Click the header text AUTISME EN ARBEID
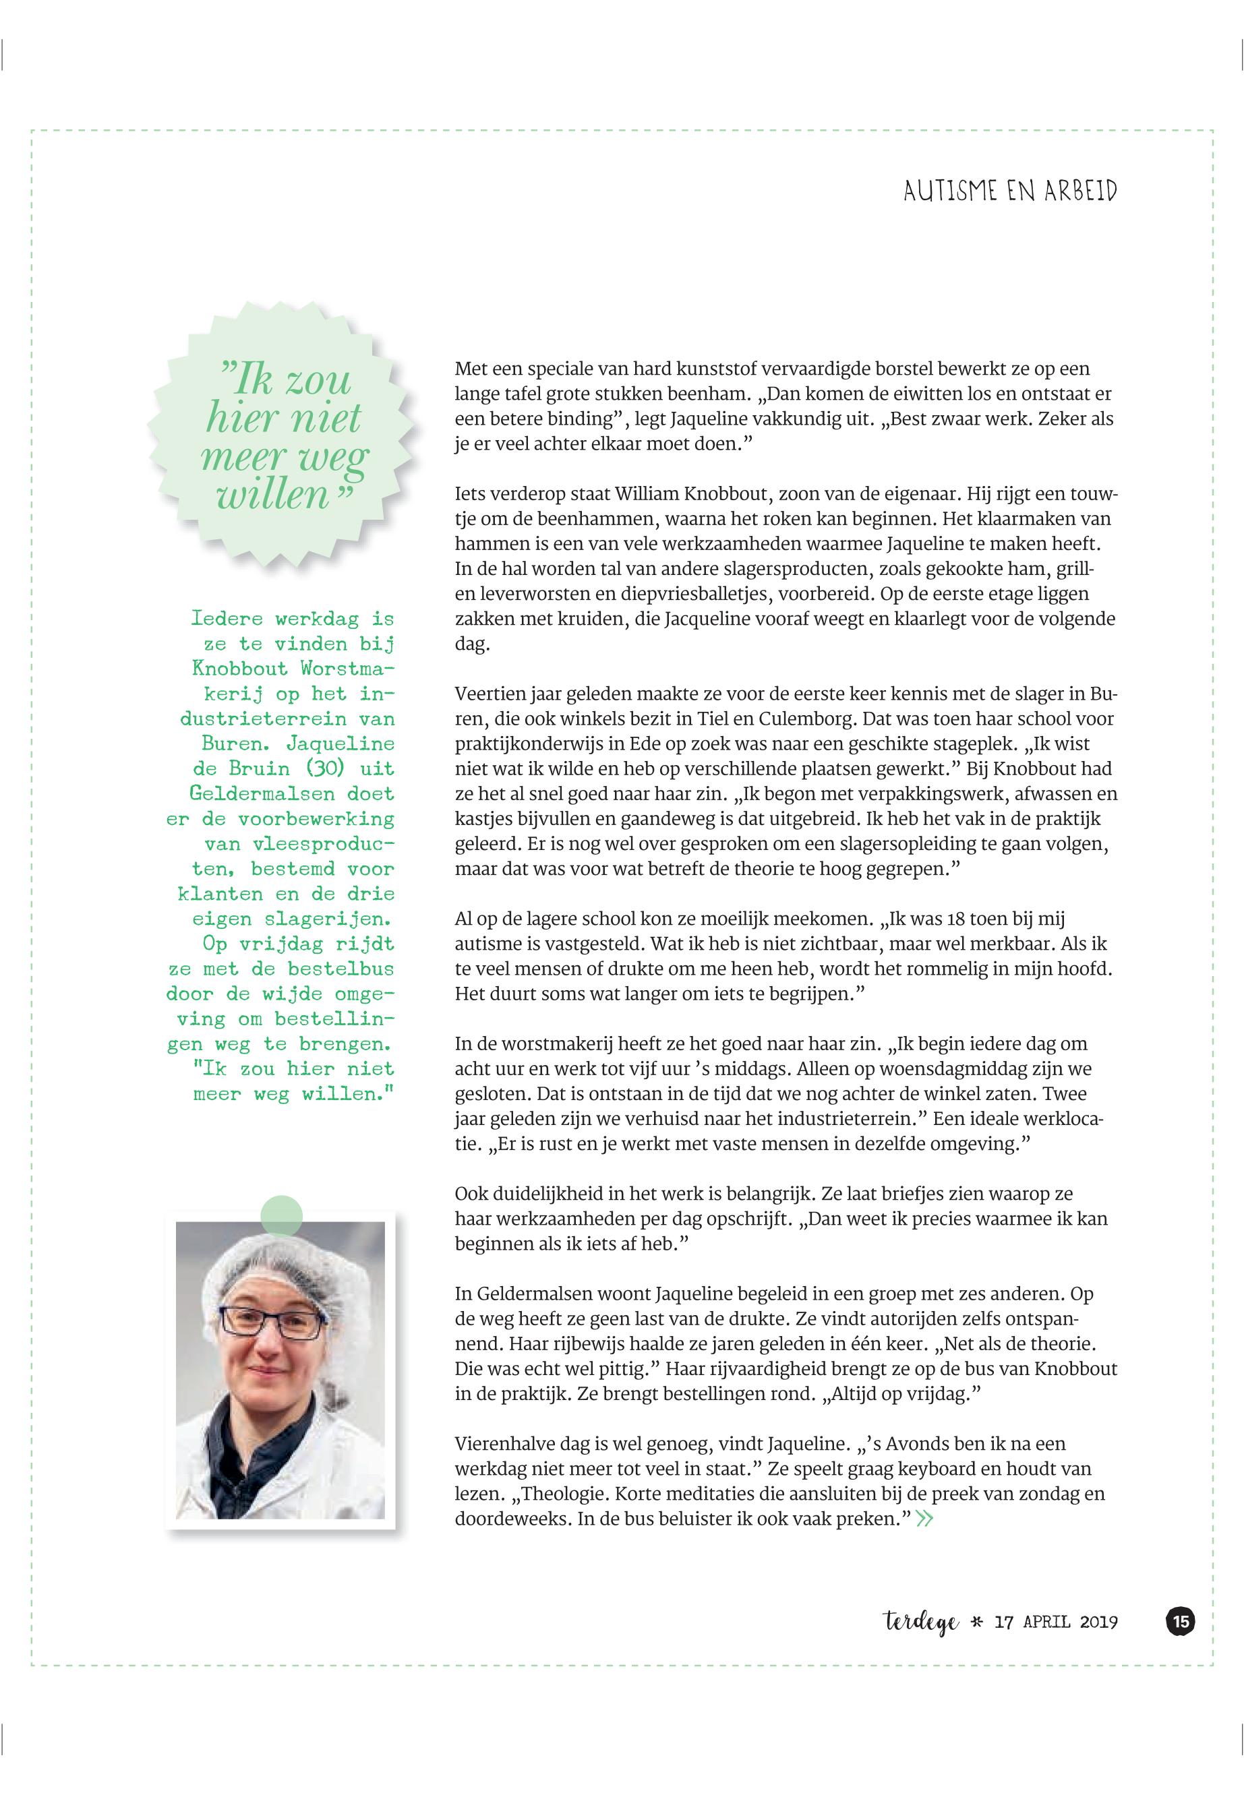[1009, 191]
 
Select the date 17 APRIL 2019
[1056, 1623]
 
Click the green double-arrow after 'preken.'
[924, 1519]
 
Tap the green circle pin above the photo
[280, 1215]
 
